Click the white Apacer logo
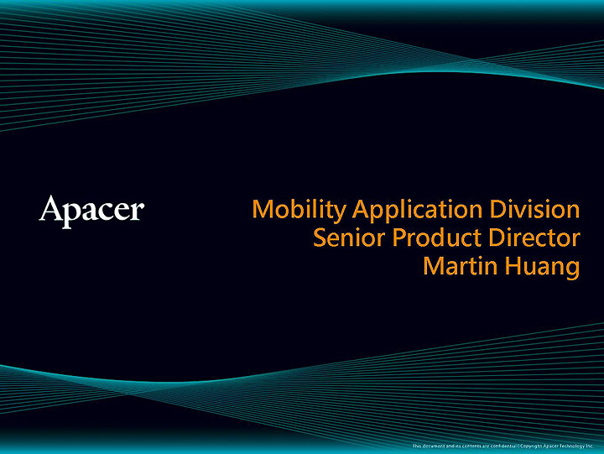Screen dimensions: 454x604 (x=91, y=210)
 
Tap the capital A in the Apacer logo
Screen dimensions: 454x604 (x=51, y=208)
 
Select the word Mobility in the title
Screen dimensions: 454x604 (x=299, y=209)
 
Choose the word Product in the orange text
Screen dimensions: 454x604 (x=435, y=237)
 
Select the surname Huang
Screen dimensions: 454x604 (x=542, y=268)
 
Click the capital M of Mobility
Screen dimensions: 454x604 (x=263, y=208)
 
